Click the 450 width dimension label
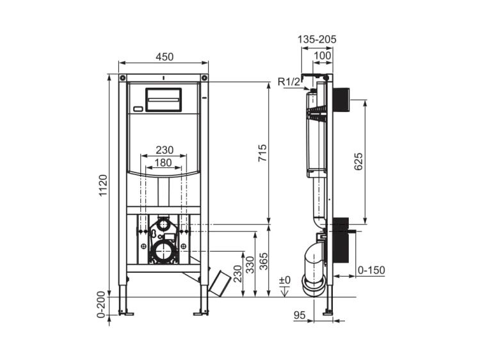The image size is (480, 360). [164, 56]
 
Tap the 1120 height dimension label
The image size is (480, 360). [104, 185]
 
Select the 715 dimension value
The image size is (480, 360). [262, 154]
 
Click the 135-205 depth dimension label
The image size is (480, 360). [317, 39]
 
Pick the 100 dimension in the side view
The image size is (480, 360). [323, 56]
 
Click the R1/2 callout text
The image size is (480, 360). [289, 81]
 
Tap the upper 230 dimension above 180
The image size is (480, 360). [164, 149]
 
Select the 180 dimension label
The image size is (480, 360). [164, 163]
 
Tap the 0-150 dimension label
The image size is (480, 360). [371, 270]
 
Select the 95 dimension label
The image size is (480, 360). [299, 315]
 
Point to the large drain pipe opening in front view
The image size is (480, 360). [164, 250]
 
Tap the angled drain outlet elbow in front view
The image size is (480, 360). [220, 282]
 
